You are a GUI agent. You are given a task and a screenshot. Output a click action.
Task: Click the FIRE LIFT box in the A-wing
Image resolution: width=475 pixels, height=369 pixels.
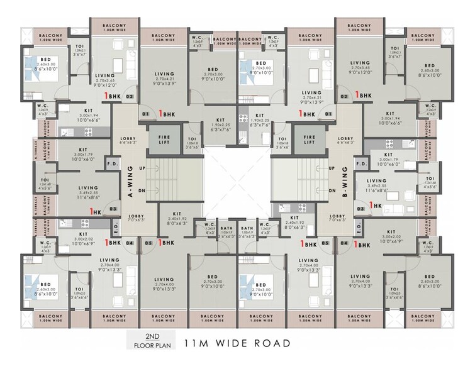(160, 139)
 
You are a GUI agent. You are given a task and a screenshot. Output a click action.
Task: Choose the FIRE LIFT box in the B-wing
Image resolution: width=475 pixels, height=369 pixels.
(309, 139)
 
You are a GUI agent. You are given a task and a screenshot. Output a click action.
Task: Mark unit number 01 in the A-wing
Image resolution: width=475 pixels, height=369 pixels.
(146, 114)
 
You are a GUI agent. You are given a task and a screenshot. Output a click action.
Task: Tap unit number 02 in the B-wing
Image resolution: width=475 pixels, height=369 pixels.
(344, 97)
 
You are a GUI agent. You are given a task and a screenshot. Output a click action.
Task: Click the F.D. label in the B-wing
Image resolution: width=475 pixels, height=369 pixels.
(361, 165)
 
